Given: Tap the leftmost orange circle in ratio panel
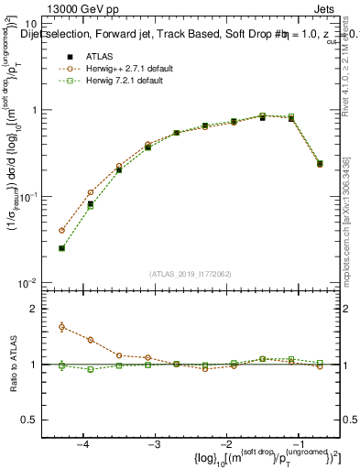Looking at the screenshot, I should (x=61, y=326).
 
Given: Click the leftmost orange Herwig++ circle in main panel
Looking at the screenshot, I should (x=61, y=231).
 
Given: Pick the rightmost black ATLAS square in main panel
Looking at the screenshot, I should (x=320, y=164).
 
